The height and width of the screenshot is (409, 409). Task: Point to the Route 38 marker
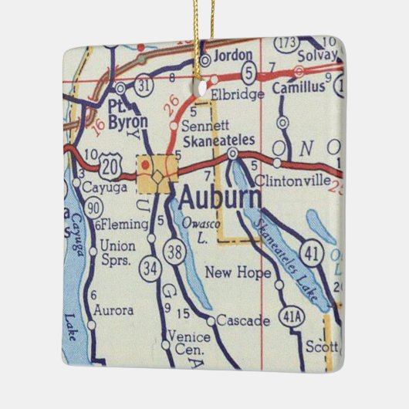(x=175, y=251)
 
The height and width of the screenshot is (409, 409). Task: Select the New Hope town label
(x=238, y=273)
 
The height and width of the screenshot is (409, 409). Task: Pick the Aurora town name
(x=113, y=310)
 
